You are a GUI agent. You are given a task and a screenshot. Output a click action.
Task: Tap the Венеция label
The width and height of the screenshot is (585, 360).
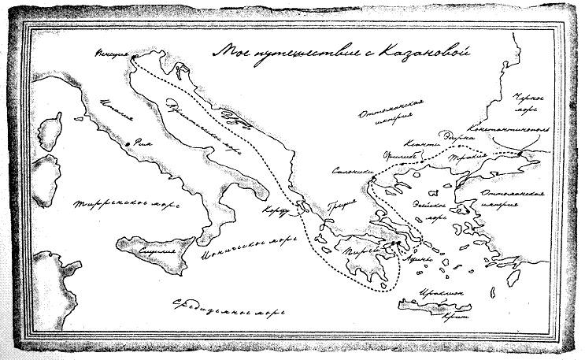click(x=107, y=54)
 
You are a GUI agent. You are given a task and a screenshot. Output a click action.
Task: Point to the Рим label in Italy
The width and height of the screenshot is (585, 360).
click(x=143, y=143)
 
